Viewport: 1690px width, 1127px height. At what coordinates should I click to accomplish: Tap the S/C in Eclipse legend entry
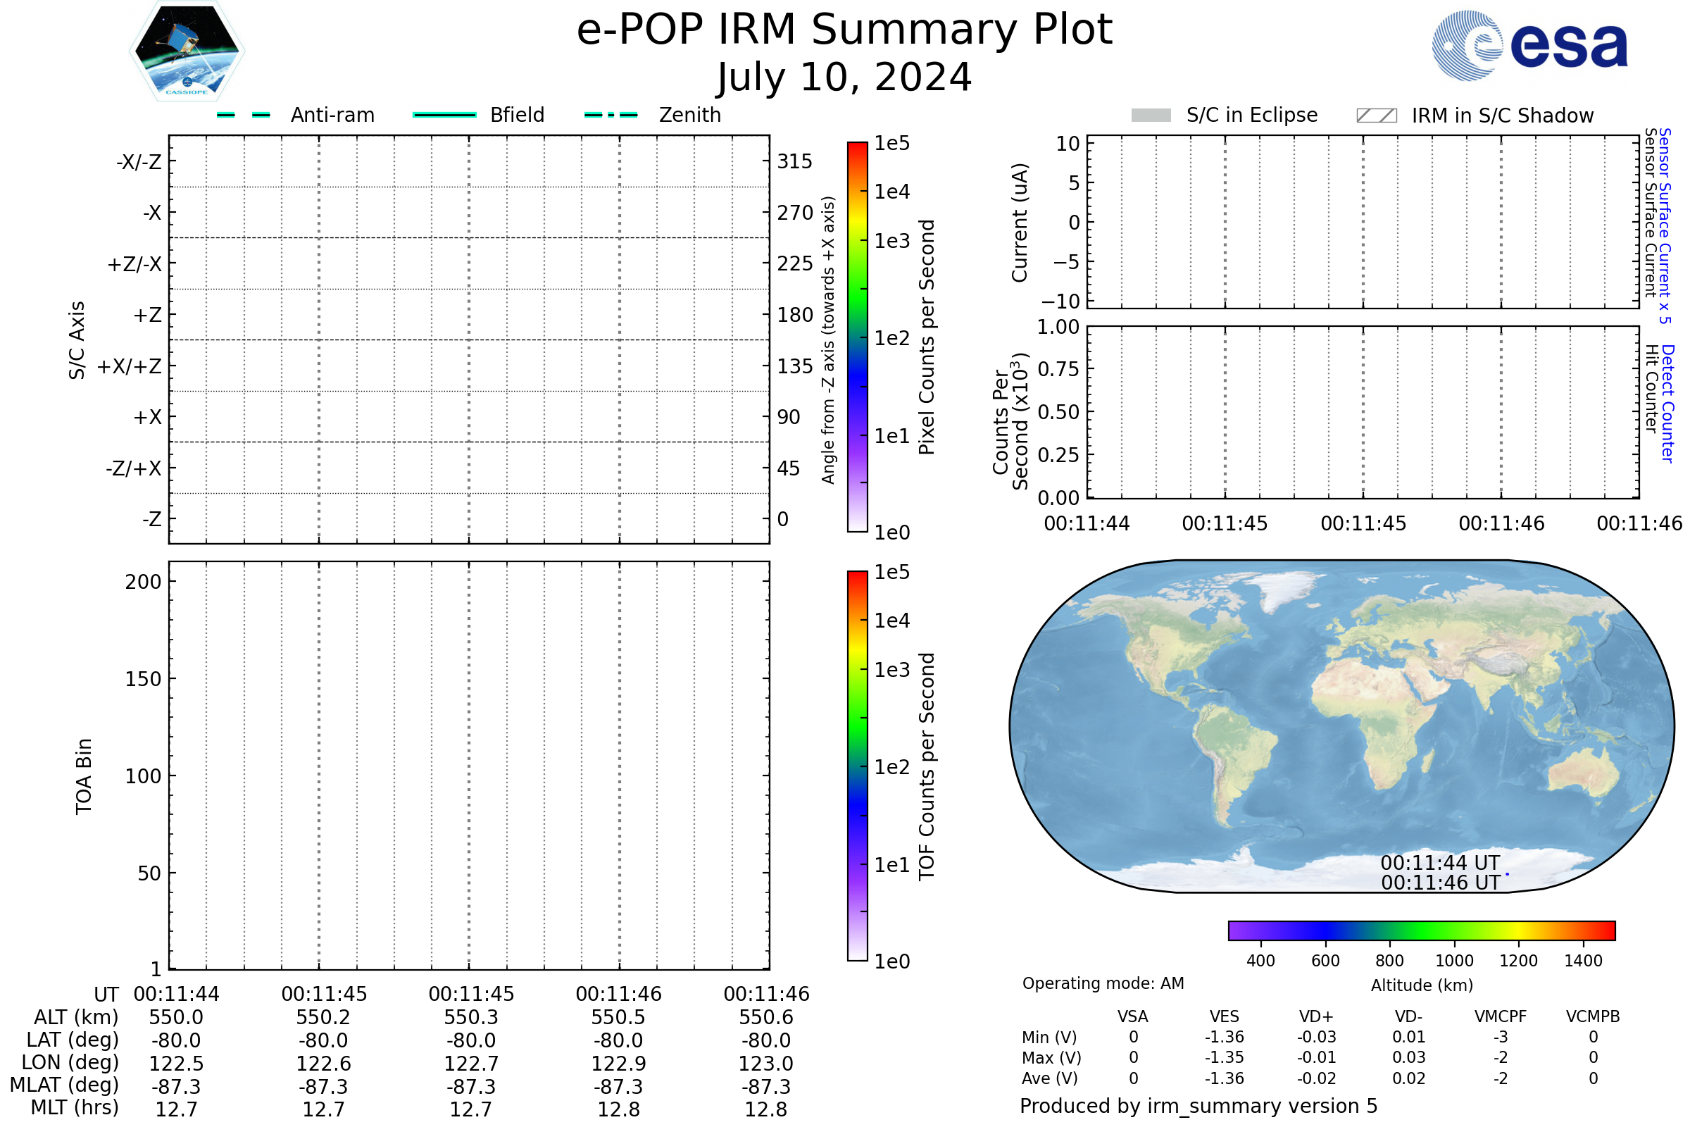(x=1225, y=115)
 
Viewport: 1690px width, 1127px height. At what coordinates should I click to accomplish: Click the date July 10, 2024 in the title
(x=844, y=77)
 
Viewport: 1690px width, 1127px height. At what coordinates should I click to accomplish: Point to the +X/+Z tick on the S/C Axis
(x=130, y=366)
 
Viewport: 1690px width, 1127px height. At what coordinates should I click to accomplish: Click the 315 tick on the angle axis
(x=794, y=161)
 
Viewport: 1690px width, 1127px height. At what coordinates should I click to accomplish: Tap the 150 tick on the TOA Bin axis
(x=143, y=679)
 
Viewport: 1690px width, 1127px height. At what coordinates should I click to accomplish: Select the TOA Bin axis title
(x=83, y=776)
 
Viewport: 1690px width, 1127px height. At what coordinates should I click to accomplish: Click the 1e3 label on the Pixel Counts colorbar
(x=891, y=241)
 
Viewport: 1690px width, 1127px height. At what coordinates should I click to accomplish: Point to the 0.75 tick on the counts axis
(x=1058, y=369)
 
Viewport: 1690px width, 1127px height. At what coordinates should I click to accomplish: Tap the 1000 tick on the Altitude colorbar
(x=1453, y=961)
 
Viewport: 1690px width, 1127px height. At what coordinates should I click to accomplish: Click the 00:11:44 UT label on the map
(x=1440, y=862)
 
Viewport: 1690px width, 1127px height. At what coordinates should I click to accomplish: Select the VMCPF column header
(x=1501, y=1016)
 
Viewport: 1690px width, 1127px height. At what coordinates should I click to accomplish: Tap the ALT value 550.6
(x=766, y=1018)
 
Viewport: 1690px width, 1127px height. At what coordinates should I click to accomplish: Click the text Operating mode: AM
(x=1103, y=983)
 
